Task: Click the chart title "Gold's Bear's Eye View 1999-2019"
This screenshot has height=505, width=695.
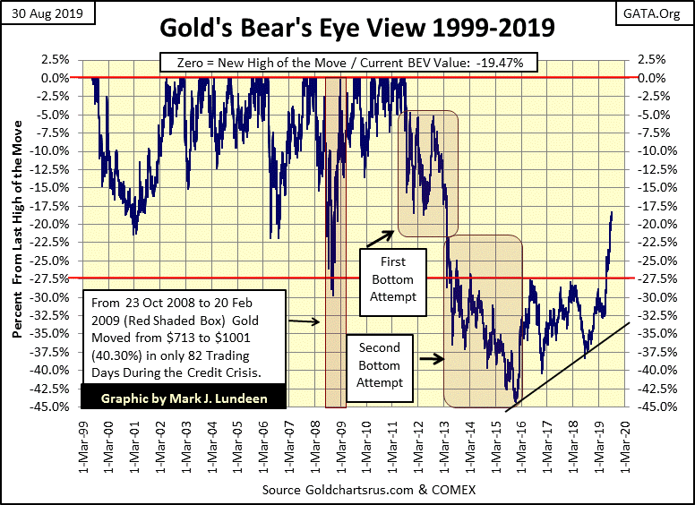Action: coord(356,28)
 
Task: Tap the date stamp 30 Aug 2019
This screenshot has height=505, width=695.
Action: coord(41,13)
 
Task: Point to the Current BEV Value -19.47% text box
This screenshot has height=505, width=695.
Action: coord(348,63)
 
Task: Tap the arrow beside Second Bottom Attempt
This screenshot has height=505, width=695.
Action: coord(431,358)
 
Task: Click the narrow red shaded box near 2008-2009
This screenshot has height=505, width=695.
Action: coord(334,242)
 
